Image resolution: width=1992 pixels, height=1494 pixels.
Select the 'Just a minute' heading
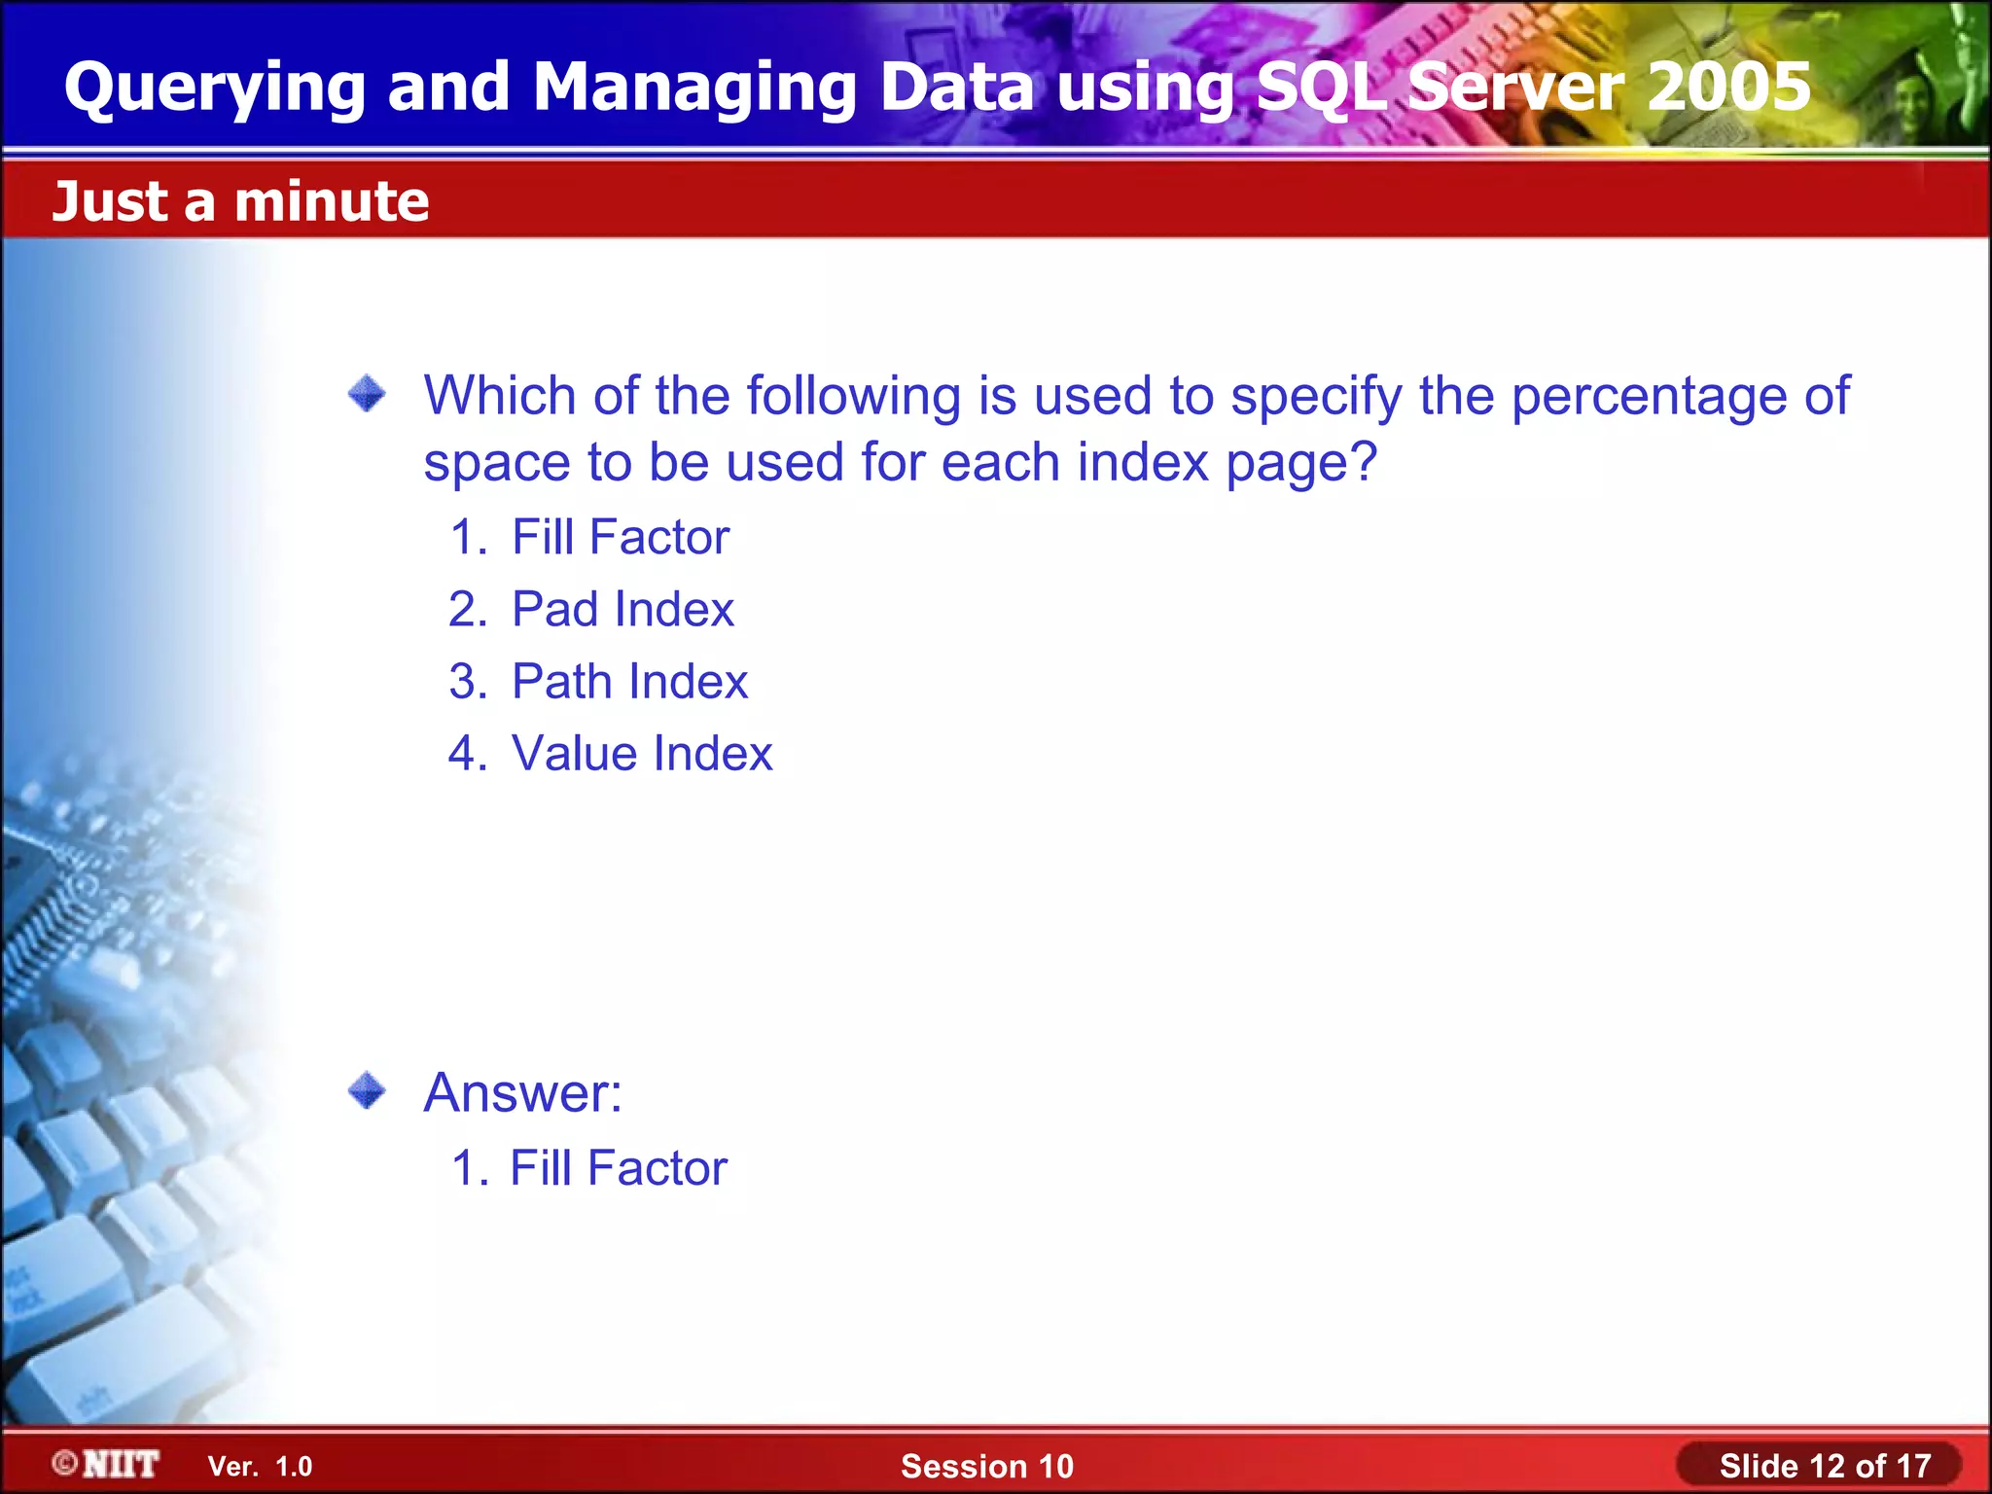tap(240, 201)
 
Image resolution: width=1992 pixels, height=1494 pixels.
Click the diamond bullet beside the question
tap(367, 394)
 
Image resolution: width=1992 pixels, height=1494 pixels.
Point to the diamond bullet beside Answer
tap(367, 1090)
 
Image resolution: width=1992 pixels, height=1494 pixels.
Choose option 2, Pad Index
tap(622, 610)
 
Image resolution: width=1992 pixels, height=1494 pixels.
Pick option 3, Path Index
tap(629, 682)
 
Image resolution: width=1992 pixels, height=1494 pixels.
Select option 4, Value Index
tap(641, 754)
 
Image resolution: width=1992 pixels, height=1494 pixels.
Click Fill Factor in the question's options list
tap(620, 537)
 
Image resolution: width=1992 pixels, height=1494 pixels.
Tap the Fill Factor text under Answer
tap(618, 1168)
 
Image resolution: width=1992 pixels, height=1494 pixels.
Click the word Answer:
tap(522, 1093)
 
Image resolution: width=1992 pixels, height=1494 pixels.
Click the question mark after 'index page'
tap(1364, 461)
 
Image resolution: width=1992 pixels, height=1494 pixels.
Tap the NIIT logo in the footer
tap(107, 1464)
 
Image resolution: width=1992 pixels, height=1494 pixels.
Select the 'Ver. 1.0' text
tap(260, 1467)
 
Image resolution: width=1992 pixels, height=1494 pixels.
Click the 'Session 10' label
tap(986, 1466)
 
